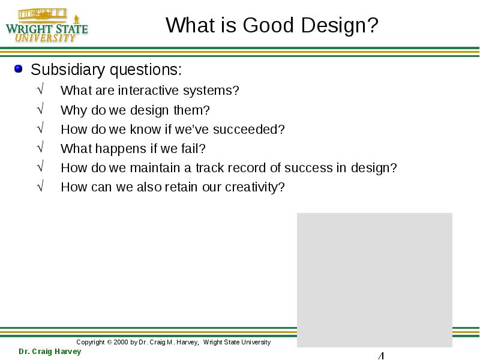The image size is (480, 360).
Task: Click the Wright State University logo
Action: (47, 25)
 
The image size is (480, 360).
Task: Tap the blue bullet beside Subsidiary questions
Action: (19, 68)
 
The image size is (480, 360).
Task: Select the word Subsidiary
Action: (68, 70)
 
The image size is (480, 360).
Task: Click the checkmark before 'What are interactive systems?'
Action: (40, 89)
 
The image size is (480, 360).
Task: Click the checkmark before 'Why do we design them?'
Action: (40, 108)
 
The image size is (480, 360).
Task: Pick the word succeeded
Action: (248, 129)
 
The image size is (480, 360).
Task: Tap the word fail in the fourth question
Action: (190, 148)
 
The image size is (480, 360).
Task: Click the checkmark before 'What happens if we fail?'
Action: (40, 146)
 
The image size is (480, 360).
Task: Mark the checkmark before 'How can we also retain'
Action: (40, 185)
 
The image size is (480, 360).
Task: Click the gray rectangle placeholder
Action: (374, 280)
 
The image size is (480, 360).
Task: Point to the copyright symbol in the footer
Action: (109, 342)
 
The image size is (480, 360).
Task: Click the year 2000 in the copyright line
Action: (121, 342)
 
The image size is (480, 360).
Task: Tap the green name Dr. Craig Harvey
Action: (50, 352)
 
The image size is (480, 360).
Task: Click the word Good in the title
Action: (268, 25)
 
